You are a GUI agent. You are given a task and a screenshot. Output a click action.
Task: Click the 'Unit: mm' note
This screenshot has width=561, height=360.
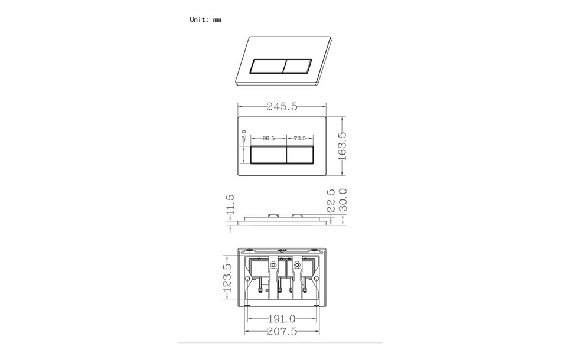[x=205, y=19]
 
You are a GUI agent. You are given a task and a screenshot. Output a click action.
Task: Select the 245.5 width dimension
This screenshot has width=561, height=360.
[x=281, y=106]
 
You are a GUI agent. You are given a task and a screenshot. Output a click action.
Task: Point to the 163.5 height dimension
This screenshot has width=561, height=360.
[x=341, y=145]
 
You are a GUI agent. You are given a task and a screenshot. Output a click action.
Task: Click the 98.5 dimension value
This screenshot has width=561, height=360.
[x=269, y=138]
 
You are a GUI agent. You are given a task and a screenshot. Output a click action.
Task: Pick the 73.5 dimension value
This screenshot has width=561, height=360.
[x=299, y=138]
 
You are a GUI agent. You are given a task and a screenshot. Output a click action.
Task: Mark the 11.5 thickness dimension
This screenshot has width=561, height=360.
[x=230, y=205]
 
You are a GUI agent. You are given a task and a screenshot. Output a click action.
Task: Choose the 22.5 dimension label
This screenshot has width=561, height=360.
[x=331, y=201]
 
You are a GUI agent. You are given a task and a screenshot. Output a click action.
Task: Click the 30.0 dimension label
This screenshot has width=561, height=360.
[x=342, y=201]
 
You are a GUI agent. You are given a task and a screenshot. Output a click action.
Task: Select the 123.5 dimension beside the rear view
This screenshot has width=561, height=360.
[x=227, y=277]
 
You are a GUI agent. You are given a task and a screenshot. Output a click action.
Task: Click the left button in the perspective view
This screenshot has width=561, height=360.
[x=269, y=66]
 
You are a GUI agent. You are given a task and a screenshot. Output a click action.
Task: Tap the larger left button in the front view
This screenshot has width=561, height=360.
[x=269, y=155]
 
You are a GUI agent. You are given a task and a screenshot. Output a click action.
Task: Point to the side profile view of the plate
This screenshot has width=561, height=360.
[x=281, y=220]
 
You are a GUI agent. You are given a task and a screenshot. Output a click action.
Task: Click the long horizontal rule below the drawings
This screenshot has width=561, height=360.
[x=280, y=343]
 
